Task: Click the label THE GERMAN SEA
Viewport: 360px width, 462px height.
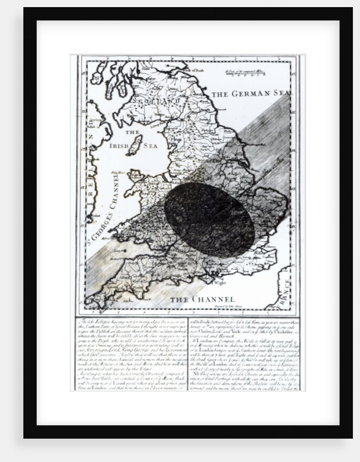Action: [249, 93]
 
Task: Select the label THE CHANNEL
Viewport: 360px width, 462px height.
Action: [201, 299]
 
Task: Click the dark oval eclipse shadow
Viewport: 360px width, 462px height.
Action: [209, 219]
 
